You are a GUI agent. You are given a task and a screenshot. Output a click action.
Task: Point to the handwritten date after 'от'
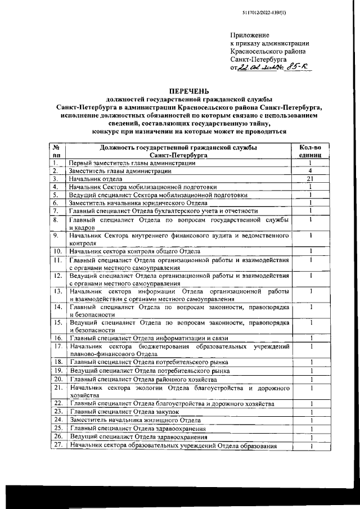259,68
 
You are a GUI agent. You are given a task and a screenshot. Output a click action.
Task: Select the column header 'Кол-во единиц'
310,151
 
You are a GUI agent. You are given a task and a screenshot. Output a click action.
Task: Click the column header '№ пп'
56,151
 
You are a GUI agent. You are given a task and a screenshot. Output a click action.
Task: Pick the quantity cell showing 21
310,179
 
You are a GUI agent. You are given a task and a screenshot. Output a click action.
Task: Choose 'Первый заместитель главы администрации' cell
132,163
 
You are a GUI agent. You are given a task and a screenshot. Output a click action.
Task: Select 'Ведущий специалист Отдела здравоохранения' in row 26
138,437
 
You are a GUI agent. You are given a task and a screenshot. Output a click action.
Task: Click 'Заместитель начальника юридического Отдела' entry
138,203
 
